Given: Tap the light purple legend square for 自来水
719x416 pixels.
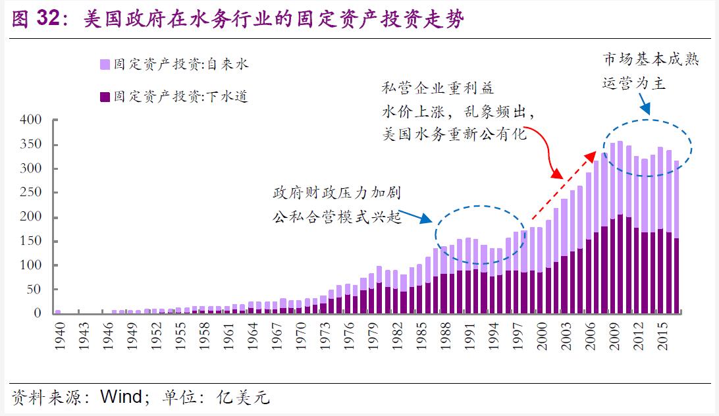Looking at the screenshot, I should (x=105, y=64).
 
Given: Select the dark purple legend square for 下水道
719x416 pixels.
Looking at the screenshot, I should (x=105, y=97).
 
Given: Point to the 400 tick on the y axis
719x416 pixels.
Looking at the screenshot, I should (x=31, y=120).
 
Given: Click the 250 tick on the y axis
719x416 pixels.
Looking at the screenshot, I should (x=31, y=169).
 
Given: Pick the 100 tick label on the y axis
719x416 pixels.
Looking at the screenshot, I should (x=31, y=265).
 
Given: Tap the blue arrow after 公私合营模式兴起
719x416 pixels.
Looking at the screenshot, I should (x=415, y=215).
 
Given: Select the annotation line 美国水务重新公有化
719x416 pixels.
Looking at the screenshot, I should (x=455, y=134).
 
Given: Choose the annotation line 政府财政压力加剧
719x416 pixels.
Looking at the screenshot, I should (x=336, y=194).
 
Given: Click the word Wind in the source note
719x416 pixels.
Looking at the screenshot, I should (x=120, y=398).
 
